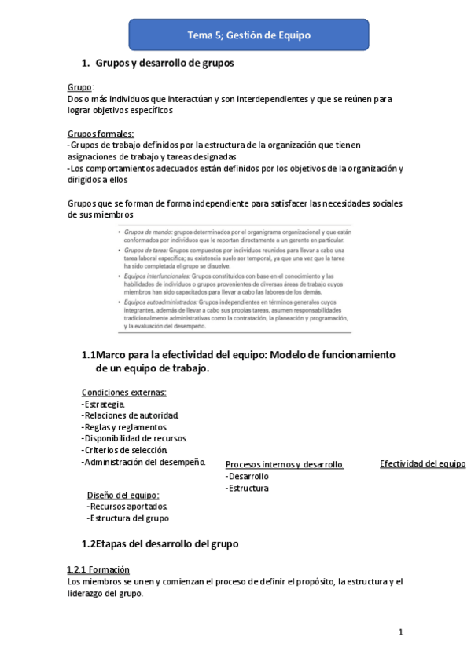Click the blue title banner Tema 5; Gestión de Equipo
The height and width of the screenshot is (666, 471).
[x=249, y=35]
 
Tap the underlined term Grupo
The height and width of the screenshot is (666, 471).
[x=80, y=87]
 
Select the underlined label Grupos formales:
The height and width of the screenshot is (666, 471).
[x=101, y=134]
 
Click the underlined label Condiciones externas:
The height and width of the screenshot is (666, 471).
[x=124, y=393]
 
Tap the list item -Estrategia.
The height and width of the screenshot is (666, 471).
[x=103, y=404]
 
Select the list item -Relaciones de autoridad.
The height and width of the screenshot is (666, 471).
[x=131, y=415]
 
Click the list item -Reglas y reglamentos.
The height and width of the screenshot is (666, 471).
[x=124, y=427]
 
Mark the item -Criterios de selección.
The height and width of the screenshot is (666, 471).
[x=125, y=450]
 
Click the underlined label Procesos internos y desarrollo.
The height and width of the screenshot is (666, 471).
[x=285, y=465]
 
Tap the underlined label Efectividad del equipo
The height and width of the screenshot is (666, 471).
[x=423, y=464]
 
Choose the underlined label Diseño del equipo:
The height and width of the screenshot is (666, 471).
[x=123, y=496]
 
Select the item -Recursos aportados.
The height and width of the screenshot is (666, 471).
[x=127, y=507]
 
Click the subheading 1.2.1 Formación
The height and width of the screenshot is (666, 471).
[x=99, y=569]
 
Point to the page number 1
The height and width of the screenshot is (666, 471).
[x=400, y=632]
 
